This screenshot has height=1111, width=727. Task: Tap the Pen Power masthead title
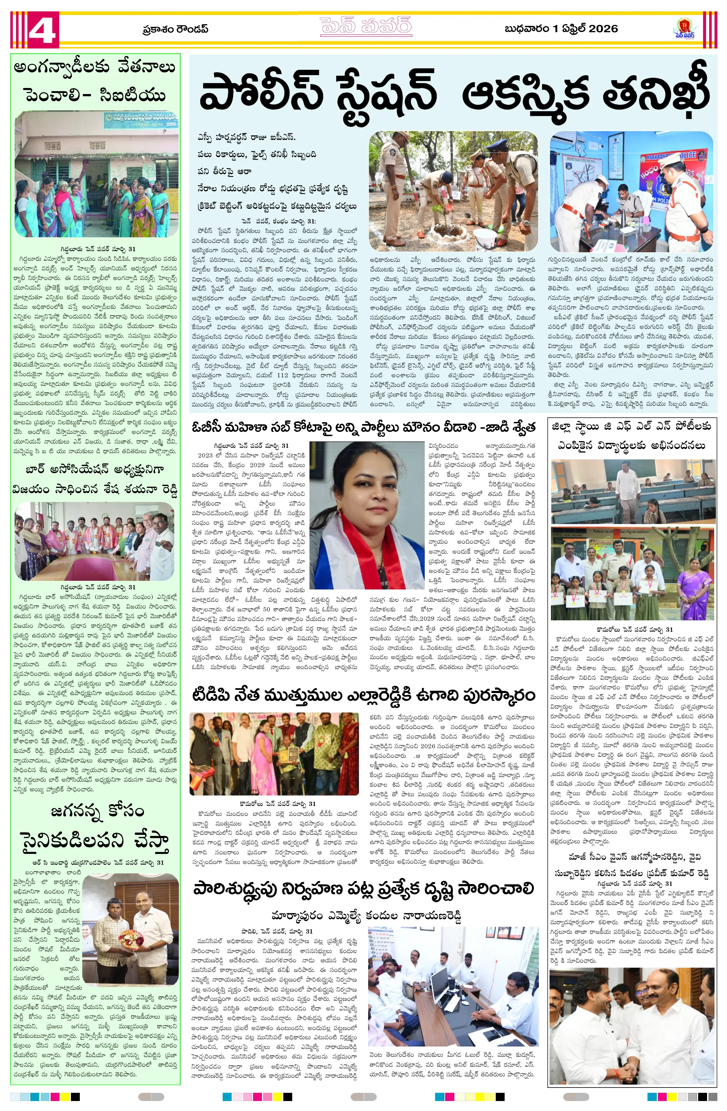coord(366,27)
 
